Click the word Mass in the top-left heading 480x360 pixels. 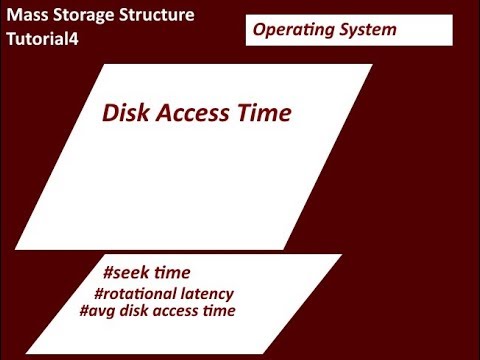click(28, 17)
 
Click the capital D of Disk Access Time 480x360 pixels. click(110, 114)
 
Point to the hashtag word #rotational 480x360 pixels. click(140, 293)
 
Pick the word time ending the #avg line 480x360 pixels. click(222, 311)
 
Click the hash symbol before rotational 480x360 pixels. click(98, 293)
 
